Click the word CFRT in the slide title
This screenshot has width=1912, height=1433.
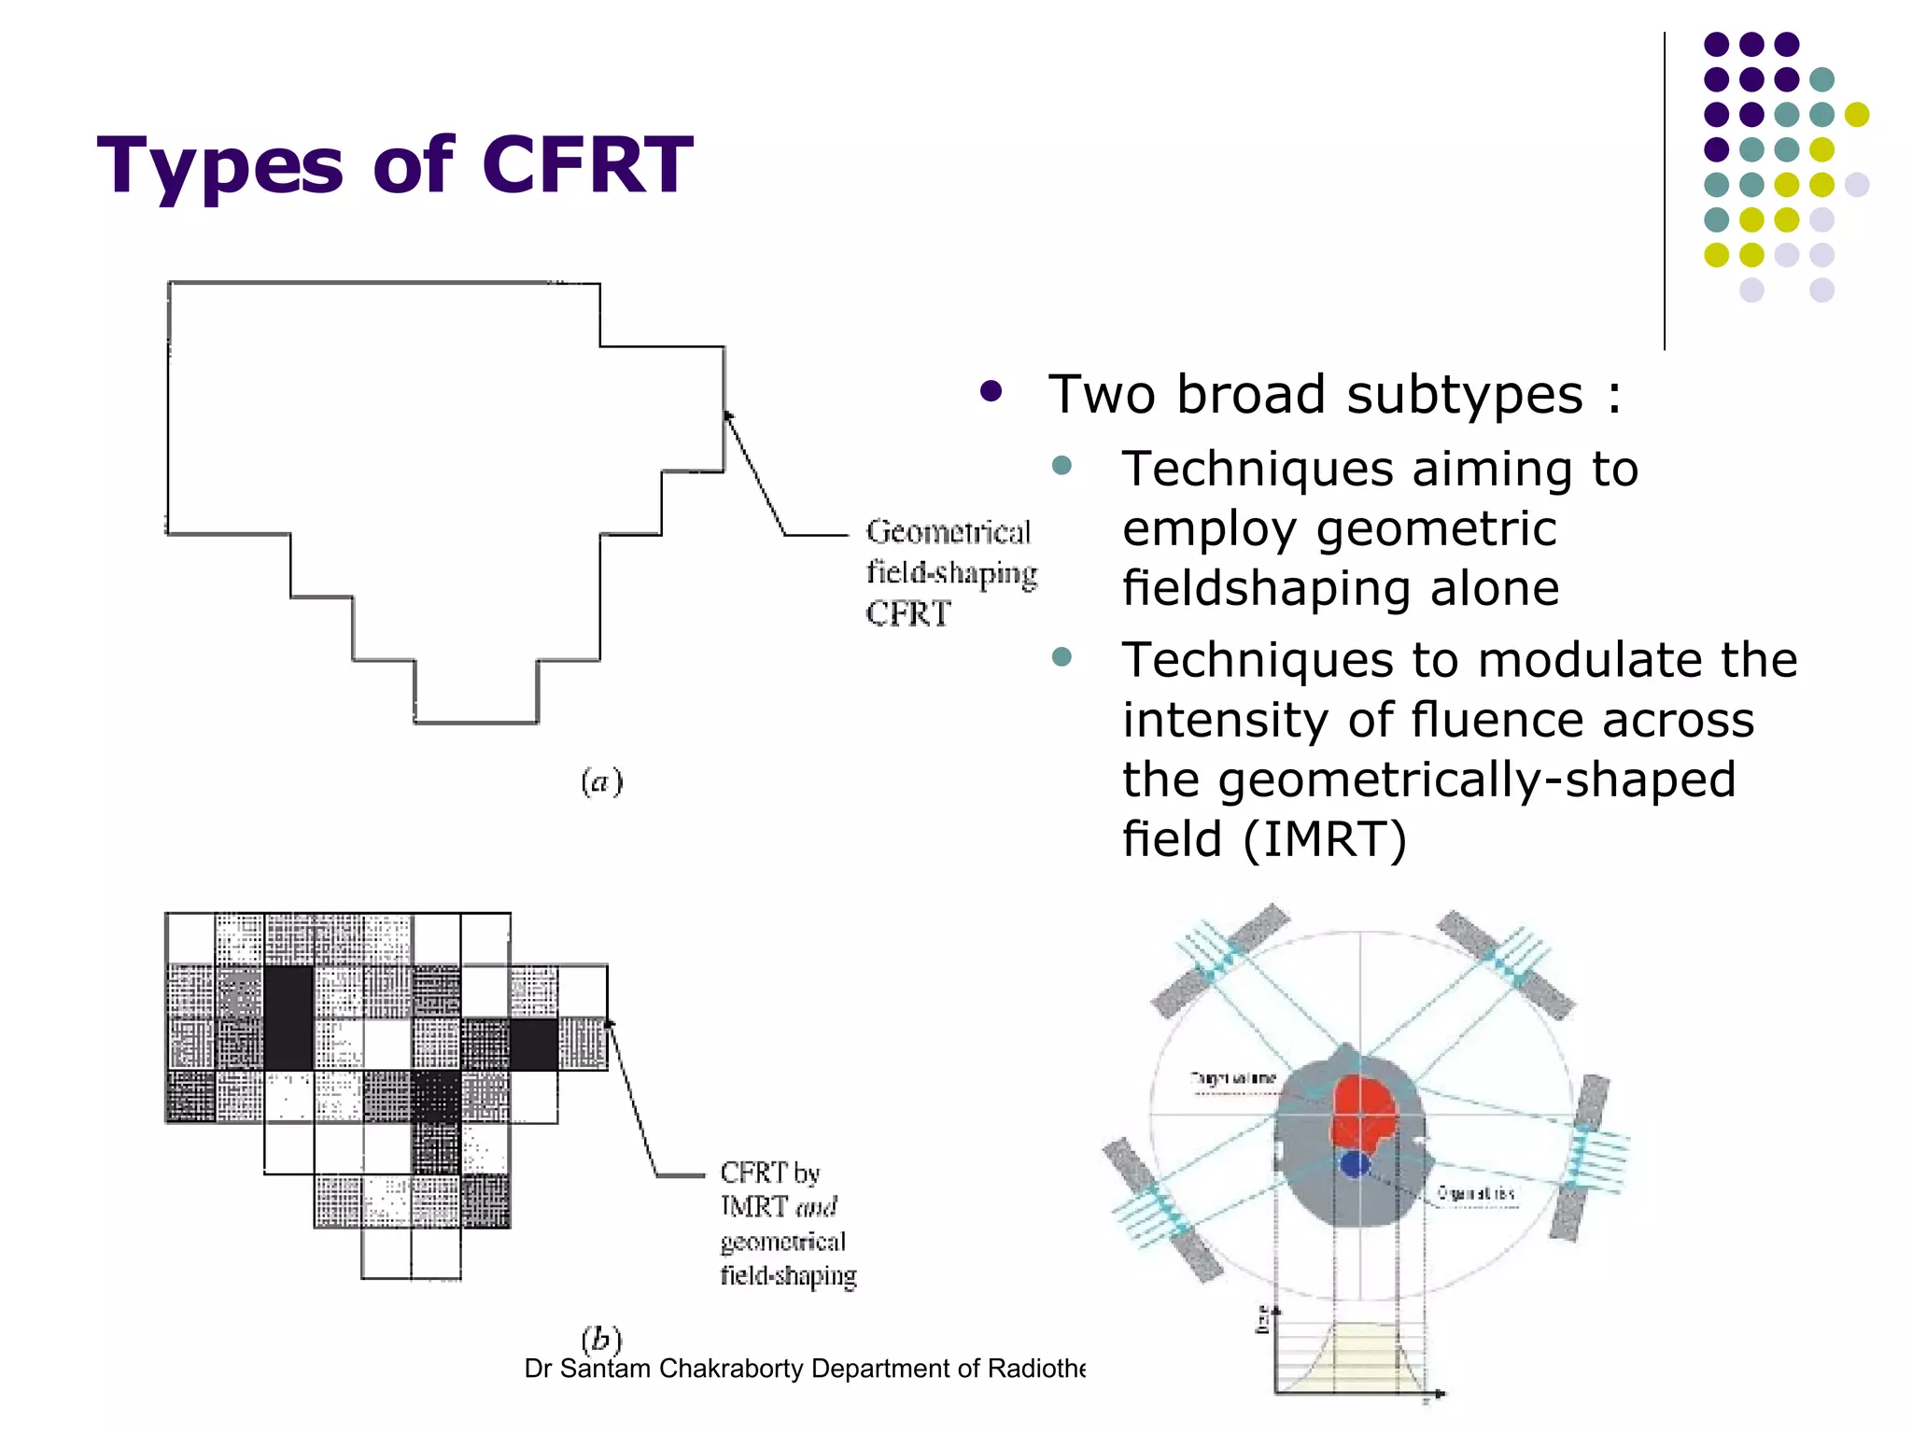click(x=587, y=165)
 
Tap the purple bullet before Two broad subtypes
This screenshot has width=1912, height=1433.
click(x=991, y=391)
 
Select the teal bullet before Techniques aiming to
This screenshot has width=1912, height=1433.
click(x=1061, y=465)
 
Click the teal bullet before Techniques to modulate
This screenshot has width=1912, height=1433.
click(x=1061, y=656)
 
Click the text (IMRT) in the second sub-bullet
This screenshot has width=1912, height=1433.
click(x=1325, y=839)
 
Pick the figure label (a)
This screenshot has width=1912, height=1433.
click(x=601, y=781)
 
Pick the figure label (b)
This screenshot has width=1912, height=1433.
click(x=601, y=1339)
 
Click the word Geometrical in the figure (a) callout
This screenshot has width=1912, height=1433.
click(x=948, y=532)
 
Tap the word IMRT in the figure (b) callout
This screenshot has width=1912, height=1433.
click(x=754, y=1206)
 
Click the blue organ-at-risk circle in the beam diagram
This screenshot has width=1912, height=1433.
click(x=1355, y=1164)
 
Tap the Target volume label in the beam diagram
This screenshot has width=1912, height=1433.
click(x=1233, y=1079)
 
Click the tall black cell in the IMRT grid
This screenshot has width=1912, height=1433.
click(x=288, y=1018)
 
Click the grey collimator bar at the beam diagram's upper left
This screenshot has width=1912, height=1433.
click(x=1220, y=960)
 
